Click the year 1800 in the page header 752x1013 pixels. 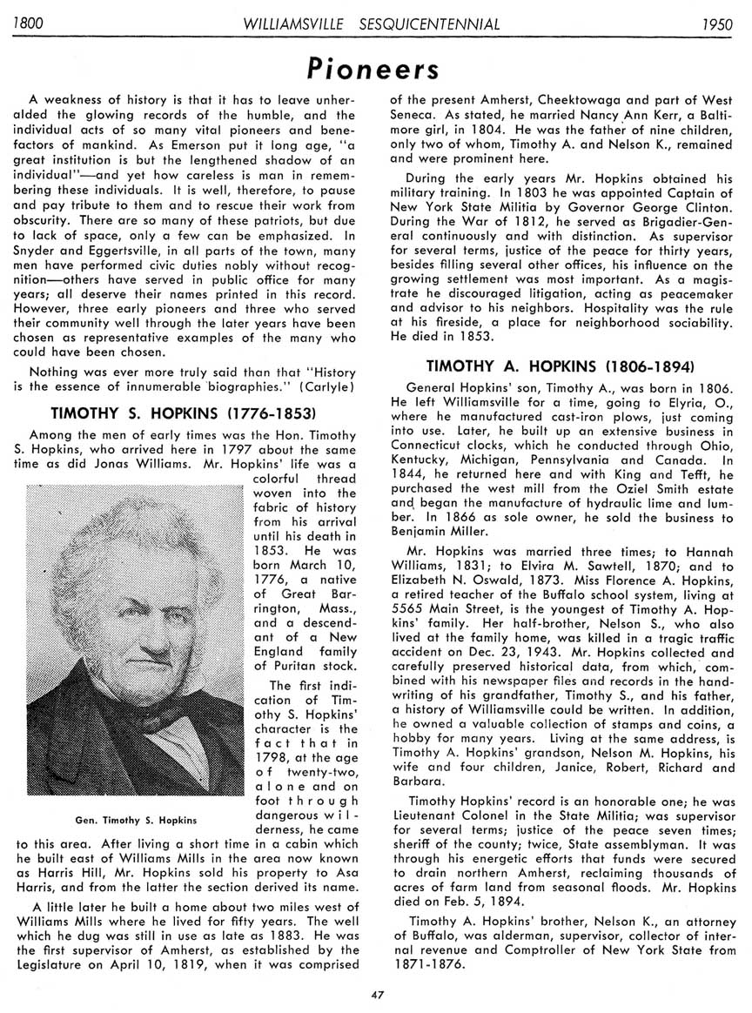pyautogui.click(x=28, y=23)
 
